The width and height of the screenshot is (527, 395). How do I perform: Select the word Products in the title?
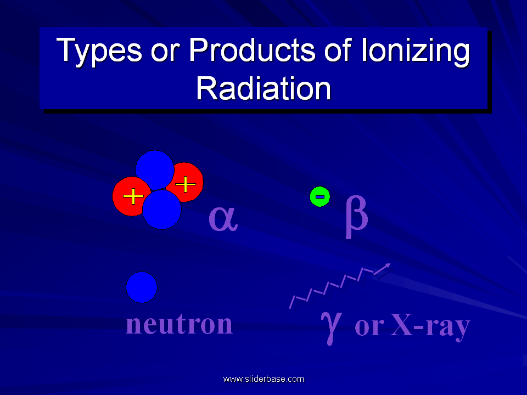(252, 50)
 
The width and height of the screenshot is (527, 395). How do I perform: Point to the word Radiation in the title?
(263, 88)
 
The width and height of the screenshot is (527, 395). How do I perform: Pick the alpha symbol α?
(223, 218)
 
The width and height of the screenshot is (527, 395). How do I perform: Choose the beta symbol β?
(357, 217)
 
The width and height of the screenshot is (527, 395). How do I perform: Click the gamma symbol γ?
(332, 328)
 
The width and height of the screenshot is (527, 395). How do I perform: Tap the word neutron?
(179, 324)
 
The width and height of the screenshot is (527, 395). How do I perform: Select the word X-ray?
(430, 326)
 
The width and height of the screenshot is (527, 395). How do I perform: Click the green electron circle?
(320, 197)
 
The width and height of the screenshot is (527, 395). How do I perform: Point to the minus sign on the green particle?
(320, 197)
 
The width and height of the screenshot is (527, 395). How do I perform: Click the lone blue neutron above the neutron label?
(142, 287)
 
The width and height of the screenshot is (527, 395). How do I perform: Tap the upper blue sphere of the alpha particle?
(155, 170)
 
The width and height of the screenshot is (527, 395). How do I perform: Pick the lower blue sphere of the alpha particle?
(161, 210)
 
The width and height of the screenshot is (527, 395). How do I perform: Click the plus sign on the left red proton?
(133, 196)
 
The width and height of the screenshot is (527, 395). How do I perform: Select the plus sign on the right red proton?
(186, 184)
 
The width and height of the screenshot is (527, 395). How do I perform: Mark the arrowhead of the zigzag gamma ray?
(386, 267)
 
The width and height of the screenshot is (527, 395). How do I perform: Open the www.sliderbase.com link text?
(263, 379)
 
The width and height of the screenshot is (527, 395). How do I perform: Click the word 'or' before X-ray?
(369, 327)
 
